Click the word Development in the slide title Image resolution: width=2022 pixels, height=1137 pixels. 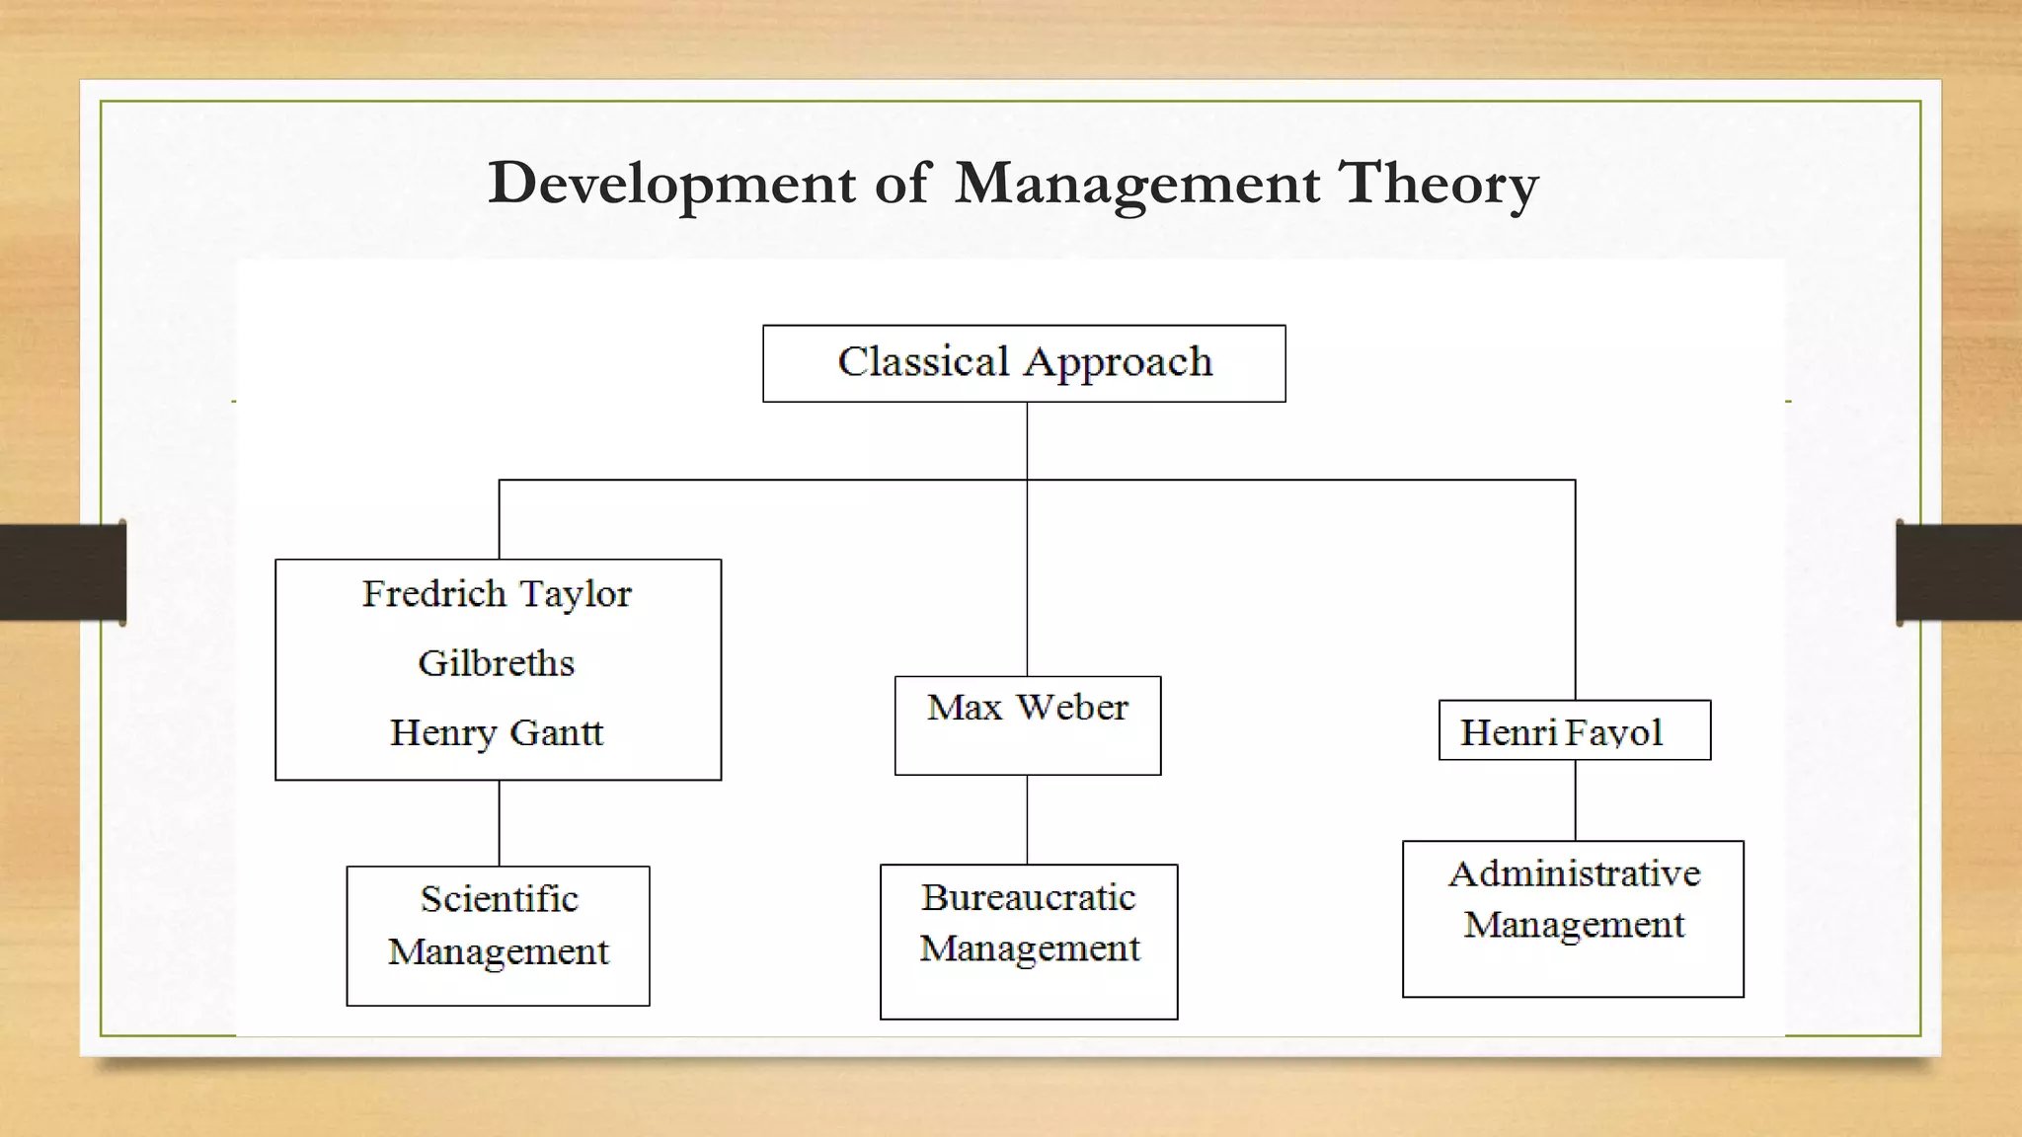[671, 185]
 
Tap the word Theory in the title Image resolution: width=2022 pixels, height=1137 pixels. [1438, 185]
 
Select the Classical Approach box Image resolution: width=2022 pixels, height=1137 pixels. [1024, 363]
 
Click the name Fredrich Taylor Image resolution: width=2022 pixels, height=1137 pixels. [497, 594]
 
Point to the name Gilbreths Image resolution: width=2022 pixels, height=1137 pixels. [497, 663]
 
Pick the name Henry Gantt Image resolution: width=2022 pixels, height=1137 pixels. [497, 733]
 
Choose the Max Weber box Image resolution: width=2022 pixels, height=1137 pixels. [1028, 724]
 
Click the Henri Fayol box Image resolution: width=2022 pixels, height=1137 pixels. [1574, 730]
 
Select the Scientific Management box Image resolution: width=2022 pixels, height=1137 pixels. [498, 936]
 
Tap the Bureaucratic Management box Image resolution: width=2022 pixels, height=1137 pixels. [1029, 941]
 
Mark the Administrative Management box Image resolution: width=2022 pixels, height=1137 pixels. [1573, 919]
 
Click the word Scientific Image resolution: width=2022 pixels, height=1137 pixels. [499, 899]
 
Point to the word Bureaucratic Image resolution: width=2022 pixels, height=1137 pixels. [1029, 898]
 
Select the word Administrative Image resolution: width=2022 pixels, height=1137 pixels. [1574, 874]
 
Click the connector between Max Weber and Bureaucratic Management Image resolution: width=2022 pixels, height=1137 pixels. [1027, 819]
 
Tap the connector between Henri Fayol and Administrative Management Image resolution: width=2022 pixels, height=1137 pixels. [1575, 800]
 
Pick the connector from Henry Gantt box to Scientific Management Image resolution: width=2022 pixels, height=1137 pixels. [499, 823]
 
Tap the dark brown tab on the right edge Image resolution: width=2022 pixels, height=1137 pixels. [1959, 572]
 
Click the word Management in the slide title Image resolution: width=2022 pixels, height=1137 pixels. [1137, 185]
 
